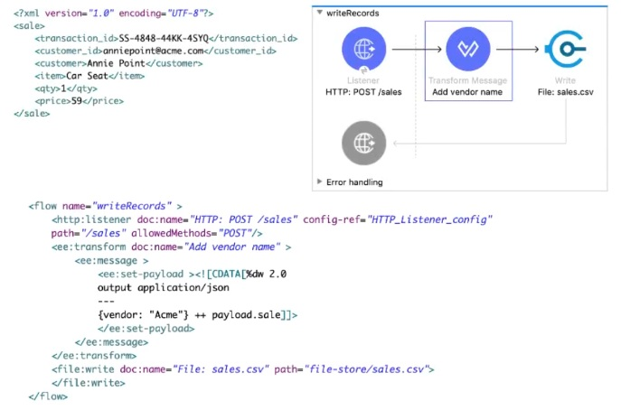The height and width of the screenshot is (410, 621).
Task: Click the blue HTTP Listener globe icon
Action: (x=363, y=49)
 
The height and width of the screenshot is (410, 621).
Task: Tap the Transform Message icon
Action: (x=467, y=49)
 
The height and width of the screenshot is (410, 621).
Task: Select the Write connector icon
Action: (x=565, y=49)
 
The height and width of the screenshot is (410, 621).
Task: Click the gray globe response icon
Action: (x=363, y=143)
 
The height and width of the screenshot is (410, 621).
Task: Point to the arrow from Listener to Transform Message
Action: (x=417, y=49)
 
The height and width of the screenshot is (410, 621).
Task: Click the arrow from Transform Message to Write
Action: (x=518, y=49)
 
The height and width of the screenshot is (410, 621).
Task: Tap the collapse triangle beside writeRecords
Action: (x=319, y=13)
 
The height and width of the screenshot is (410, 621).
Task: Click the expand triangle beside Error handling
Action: (x=319, y=182)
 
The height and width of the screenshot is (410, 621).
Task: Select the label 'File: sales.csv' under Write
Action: (x=565, y=92)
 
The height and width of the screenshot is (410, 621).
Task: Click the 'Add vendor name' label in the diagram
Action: (x=467, y=92)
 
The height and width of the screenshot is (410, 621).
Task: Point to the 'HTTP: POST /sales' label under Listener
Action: (x=363, y=92)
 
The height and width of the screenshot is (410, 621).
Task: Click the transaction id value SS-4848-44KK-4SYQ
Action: (x=164, y=38)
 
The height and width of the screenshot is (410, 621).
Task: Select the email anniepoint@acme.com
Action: (x=153, y=51)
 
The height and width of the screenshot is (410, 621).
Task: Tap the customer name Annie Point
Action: (x=116, y=63)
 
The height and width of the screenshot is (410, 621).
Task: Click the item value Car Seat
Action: (x=87, y=76)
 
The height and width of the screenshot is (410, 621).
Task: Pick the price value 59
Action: (x=77, y=101)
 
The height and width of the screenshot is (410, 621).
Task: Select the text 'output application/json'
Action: (x=164, y=288)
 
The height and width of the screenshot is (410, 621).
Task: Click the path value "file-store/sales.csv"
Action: (x=366, y=369)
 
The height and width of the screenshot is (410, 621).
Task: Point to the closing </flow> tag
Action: (x=48, y=396)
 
